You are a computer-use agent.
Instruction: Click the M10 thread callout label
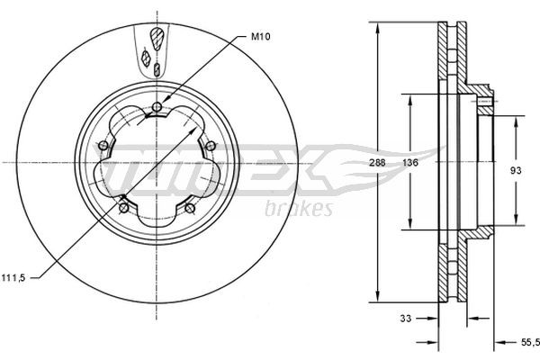(x=261, y=37)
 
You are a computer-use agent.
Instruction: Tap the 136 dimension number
(x=409, y=163)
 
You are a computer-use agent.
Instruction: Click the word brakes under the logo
(x=299, y=210)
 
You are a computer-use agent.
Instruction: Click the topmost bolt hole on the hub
(x=157, y=110)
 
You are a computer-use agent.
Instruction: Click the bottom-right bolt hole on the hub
(x=190, y=209)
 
